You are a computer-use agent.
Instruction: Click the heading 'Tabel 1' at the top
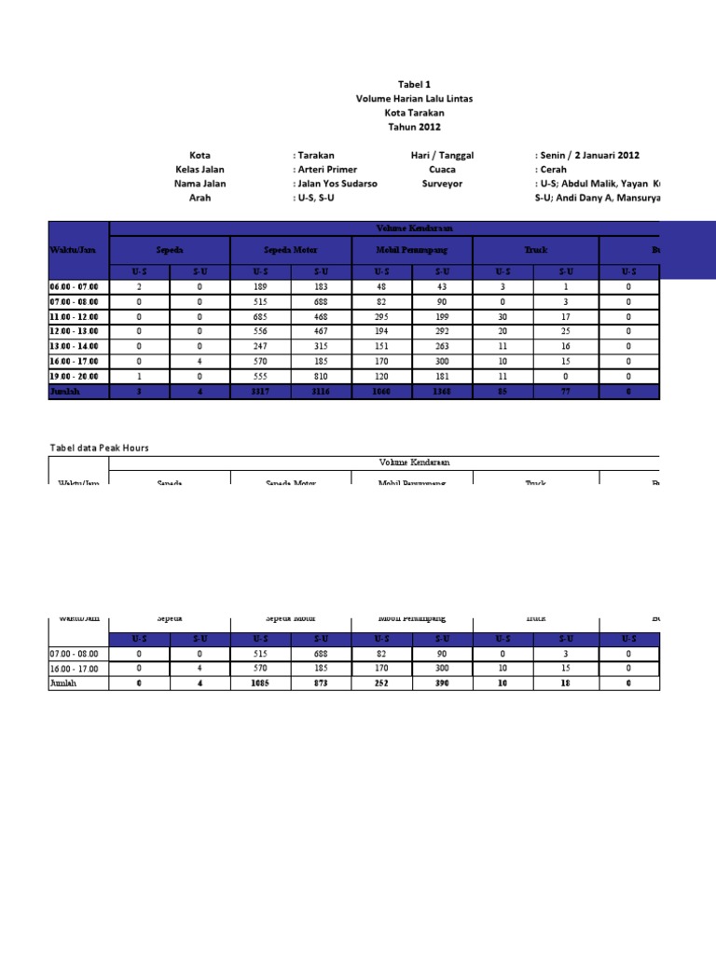click(415, 83)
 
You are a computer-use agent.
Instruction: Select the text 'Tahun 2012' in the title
click(415, 127)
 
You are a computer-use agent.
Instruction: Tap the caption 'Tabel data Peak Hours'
click(99, 448)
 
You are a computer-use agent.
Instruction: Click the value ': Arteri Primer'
click(324, 170)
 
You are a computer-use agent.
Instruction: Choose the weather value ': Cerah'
click(550, 170)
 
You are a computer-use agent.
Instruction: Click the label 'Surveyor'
click(442, 184)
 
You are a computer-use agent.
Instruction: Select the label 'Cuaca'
click(442, 170)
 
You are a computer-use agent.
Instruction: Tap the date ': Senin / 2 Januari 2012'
click(587, 155)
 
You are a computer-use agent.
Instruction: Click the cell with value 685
click(260, 317)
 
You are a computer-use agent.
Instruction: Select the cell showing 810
click(321, 377)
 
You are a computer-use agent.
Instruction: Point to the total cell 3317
click(260, 392)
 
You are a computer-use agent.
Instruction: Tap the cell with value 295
click(382, 317)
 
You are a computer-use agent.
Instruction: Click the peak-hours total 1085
click(260, 684)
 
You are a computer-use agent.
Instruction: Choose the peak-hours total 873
click(321, 684)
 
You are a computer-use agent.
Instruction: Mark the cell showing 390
click(443, 684)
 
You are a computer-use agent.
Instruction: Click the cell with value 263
click(443, 347)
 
